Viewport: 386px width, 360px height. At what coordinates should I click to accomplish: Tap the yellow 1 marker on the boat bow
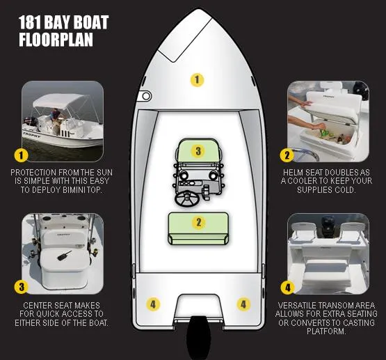(x=198, y=79)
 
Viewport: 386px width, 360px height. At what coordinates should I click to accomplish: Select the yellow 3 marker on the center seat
(x=198, y=150)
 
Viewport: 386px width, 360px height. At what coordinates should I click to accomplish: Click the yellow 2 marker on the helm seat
(x=198, y=223)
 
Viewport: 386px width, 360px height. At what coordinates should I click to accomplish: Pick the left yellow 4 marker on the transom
(x=153, y=304)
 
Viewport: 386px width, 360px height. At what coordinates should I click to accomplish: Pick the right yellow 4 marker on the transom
(x=243, y=304)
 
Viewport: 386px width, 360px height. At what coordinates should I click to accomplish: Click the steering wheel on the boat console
(x=188, y=200)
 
